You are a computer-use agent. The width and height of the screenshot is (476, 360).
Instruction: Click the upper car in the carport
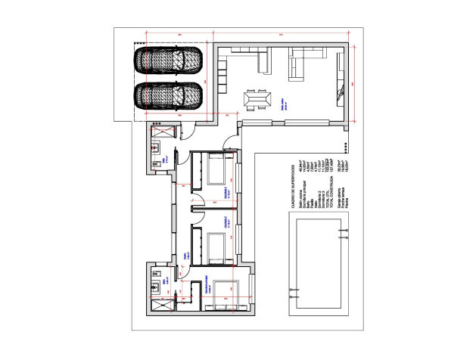point(168,61)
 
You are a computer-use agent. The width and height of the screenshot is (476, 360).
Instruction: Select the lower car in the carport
point(168,96)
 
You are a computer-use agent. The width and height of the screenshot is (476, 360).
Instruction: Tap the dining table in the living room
point(257,99)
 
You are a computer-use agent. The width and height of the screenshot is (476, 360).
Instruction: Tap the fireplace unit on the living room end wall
point(338,94)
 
